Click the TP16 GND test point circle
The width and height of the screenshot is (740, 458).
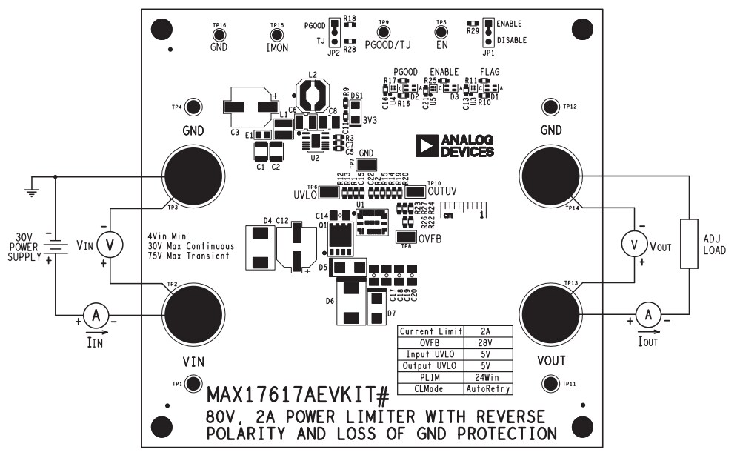pos(219,33)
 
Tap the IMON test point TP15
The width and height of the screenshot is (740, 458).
pos(276,33)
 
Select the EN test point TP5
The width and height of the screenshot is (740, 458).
pos(441,32)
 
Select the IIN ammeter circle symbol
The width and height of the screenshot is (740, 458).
pos(94,316)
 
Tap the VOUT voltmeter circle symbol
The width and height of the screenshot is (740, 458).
pos(633,242)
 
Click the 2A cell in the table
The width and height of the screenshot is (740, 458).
pos(487,331)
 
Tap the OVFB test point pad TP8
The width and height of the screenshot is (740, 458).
pos(405,236)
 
